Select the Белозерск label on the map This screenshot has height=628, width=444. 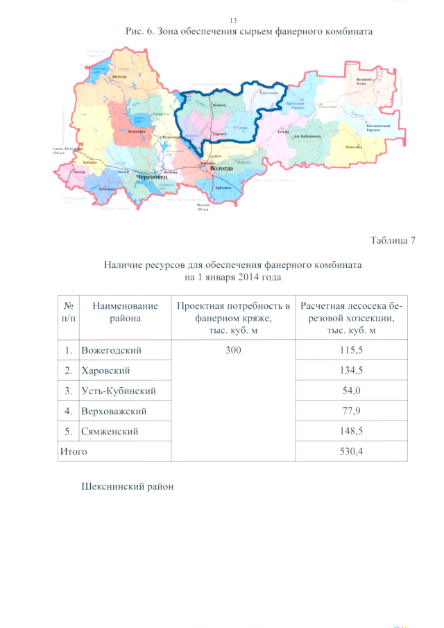[x=137, y=130]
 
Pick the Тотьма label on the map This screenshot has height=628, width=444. [x=282, y=132]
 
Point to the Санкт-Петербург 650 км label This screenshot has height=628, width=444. [x=67, y=151]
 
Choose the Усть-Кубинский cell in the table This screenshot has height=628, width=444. [x=119, y=391]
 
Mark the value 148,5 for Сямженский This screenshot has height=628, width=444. [x=351, y=431]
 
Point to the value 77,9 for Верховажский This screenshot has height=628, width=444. [x=351, y=411]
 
